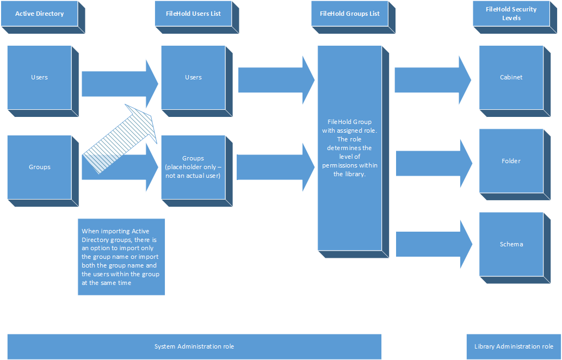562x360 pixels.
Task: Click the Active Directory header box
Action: pos(39,14)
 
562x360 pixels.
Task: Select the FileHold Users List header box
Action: pos(193,14)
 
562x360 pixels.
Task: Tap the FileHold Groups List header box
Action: pos(349,14)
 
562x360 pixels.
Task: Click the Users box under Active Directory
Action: pos(39,77)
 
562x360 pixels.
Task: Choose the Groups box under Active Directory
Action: pos(39,167)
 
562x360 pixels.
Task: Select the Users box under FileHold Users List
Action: pos(193,77)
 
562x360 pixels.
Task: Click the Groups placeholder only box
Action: pos(193,167)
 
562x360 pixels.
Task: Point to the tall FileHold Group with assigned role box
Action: pos(350,148)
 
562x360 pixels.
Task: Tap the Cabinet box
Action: pos(511,77)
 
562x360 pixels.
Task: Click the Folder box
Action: pos(511,161)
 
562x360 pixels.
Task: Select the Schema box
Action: pos(511,244)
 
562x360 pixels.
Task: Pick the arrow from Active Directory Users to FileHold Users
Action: pos(117,83)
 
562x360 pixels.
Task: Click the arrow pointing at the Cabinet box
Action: pos(430,79)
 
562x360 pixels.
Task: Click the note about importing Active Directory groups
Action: pos(121,257)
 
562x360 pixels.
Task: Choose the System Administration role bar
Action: pos(194,346)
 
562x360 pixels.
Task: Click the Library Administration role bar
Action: pos(514,346)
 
